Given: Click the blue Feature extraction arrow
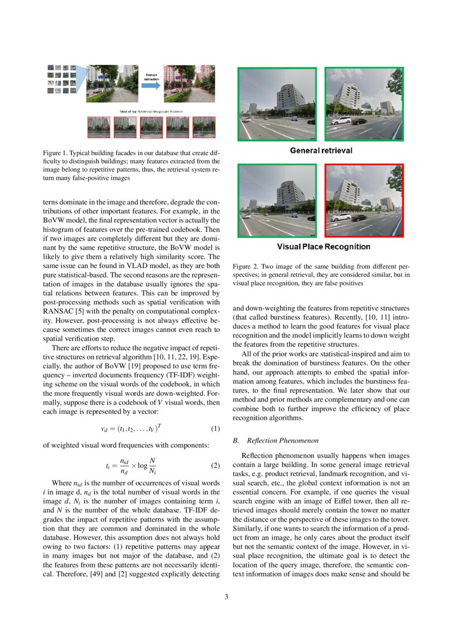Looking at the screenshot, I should [151, 85].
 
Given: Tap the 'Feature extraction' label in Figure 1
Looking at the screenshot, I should [151, 76].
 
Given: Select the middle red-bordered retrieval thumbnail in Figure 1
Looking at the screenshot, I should [151, 127].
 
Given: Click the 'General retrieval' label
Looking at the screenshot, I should [320, 150].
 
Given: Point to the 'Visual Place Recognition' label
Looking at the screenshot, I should [323, 247].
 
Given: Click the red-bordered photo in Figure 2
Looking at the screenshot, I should [364, 201].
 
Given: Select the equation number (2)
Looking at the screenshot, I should [215, 466].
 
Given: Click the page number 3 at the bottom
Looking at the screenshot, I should [226, 597].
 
